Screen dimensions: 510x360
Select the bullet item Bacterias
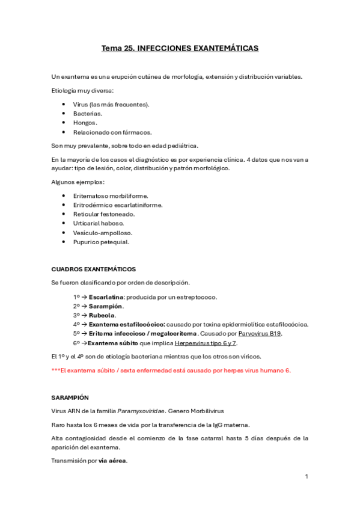pyautogui.click(x=88, y=113)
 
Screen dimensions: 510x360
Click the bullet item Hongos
pyautogui.click(x=85, y=122)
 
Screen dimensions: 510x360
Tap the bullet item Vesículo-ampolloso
pyautogui.click(x=103, y=233)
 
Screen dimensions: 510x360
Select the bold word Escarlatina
pyautogui.click(x=106, y=297)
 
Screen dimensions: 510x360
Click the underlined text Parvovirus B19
pyautogui.click(x=260, y=333)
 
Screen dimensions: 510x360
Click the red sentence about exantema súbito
pyautogui.click(x=171, y=370)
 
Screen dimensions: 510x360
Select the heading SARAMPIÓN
pyautogui.click(x=70, y=398)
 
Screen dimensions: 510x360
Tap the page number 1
pyautogui.click(x=307, y=476)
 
